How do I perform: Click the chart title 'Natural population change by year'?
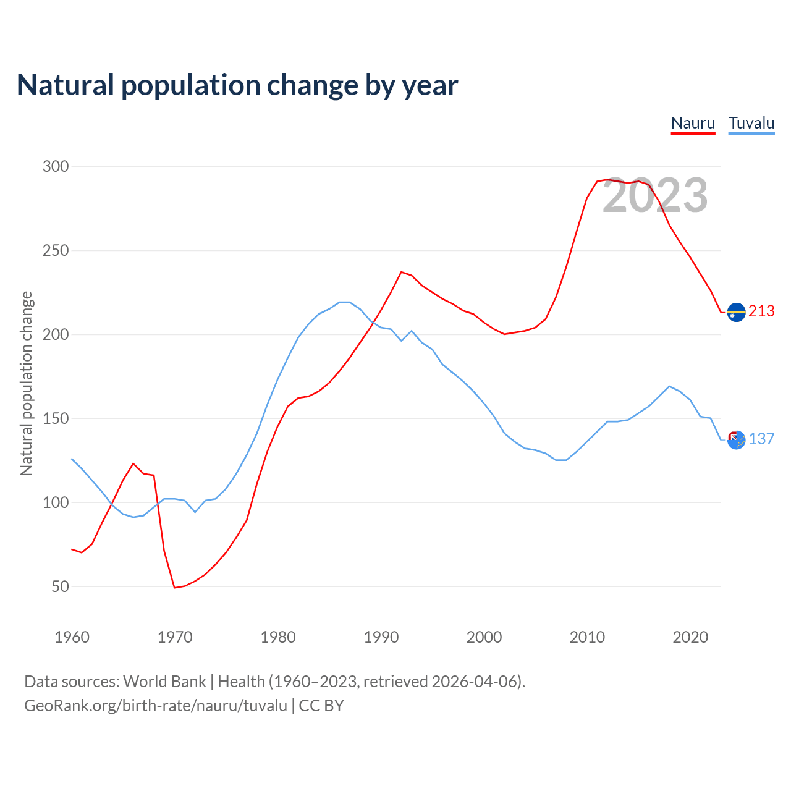(x=237, y=85)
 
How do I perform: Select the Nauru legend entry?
(x=693, y=123)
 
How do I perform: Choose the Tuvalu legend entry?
(x=751, y=123)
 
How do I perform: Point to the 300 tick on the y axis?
(x=56, y=167)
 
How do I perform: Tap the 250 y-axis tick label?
(x=56, y=251)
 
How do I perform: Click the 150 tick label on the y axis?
(x=56, y=419)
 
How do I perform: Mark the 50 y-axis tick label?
(x=60, y=586)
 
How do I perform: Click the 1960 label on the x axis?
(x=72, y=637)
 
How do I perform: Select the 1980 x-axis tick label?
(x=278, y=637)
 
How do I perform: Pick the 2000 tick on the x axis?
(x=484, y=637)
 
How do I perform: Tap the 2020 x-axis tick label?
(x=690, y=637)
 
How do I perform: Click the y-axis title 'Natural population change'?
(x=27, y=383)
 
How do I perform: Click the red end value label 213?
(x=761, y=311)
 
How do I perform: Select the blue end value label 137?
(x=761, y=439)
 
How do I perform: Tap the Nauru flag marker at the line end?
(x=736, y=312)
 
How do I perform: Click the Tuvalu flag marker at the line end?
(x=736, y=440)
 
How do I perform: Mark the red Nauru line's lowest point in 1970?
(x=175, y=588)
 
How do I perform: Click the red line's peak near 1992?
(x=401, y=272)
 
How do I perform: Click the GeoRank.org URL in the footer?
(x=156, y=706)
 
